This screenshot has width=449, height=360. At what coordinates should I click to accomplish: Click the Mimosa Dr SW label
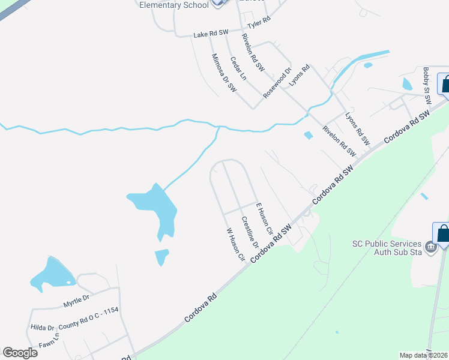tap(223, 73)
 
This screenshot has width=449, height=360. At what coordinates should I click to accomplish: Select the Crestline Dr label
tap(250, 232)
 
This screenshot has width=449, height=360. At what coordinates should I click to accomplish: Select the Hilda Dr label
tap(43, 328)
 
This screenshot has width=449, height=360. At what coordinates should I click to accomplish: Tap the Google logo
tap(20, 353)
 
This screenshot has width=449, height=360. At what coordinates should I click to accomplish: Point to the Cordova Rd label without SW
tap(199, 307)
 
